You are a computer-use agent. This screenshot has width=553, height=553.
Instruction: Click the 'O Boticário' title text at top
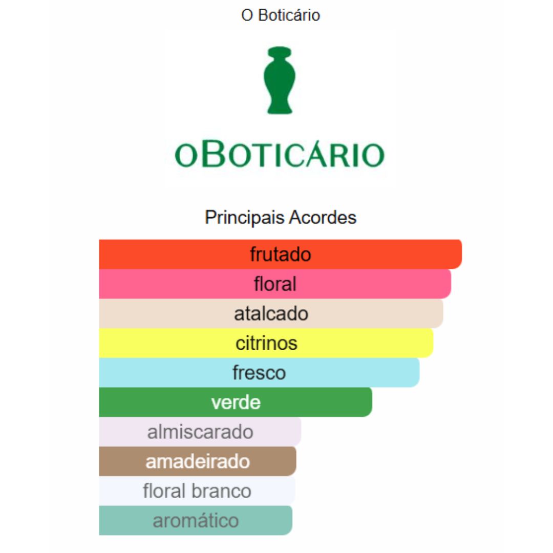tap(281, 15)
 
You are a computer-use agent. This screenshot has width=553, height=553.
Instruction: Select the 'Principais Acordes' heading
tap(281, 217)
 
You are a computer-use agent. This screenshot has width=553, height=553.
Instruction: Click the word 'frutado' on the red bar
tap(281, 254)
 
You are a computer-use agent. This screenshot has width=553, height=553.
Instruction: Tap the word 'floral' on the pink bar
tap(275, 284)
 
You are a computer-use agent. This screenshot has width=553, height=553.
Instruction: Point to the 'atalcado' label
tap(271, 313)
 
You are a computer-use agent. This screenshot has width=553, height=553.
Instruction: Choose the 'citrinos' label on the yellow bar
tap(266, 343)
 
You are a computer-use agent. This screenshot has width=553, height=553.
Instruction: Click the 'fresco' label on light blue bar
tap(259, 372)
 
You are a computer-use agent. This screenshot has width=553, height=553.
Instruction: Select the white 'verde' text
tap(236, 402)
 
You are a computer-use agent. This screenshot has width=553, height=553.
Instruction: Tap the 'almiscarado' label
tap(200, 432)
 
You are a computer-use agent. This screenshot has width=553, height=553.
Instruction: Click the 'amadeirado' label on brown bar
tap(198, 461)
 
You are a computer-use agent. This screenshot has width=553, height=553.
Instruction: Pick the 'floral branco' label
tap(197, 491)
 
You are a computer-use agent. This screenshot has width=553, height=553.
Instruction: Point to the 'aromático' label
tap(196, 521)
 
